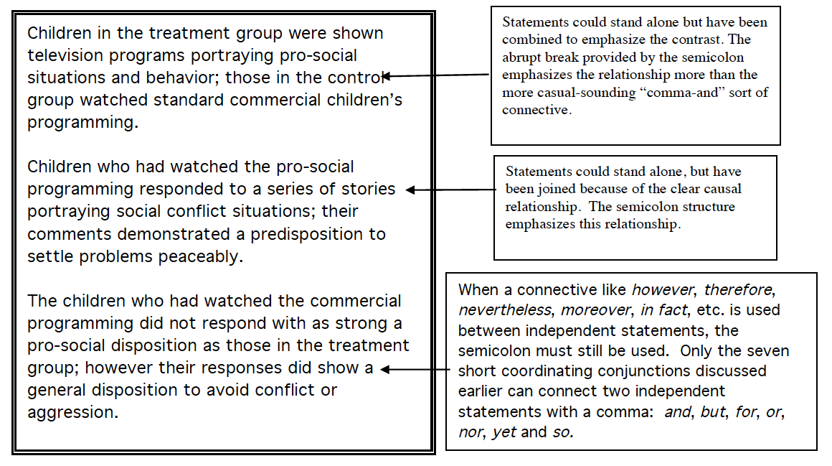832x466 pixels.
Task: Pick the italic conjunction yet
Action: coord(504,432)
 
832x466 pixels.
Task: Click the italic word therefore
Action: coord(737,290)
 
